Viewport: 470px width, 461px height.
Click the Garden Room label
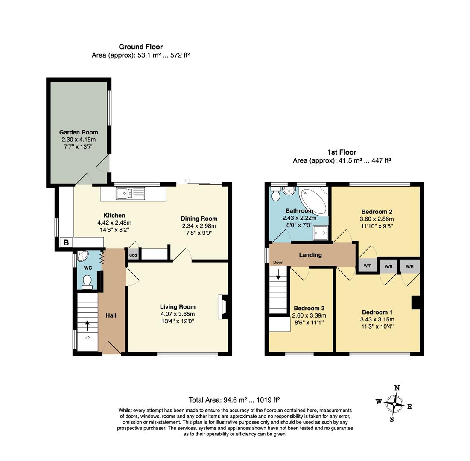point(78,132)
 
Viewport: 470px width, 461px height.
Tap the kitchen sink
point(130,194)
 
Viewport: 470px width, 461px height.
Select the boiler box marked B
point(66,243)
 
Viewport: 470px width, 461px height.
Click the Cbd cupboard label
point(133,255)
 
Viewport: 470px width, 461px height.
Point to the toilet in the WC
point(87,282)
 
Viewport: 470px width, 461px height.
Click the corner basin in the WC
point(82,256)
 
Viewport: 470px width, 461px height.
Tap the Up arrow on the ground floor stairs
point(88,326)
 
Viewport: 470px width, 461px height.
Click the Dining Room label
point(199,219)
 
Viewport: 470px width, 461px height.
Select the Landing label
point(310,255)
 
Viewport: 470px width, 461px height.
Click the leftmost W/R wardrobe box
point(367,266)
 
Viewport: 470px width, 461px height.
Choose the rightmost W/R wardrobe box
point(409,266)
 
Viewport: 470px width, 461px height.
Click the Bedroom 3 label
point(309,308)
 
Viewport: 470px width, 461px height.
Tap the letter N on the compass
point(397,388)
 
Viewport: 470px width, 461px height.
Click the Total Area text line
point(234,400)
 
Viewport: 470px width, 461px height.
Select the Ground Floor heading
point(140,47)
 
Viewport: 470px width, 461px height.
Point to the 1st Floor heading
point(342,152)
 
